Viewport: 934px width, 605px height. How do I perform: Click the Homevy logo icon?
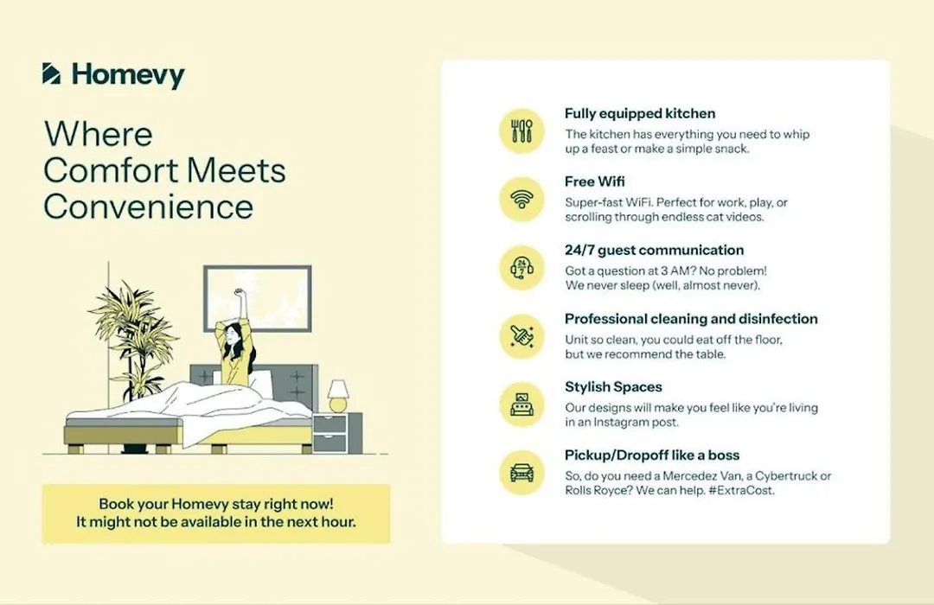(x=51, y=73)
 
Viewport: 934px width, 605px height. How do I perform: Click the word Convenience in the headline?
(x=149, y=207)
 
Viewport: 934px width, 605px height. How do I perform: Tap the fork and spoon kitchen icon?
(x=521, y=131)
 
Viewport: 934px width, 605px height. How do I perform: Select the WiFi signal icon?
(x=521, y=200)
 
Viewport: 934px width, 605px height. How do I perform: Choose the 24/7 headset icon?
(x=521, y=268)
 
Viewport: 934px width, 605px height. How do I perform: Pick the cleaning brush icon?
(x=521, y=336)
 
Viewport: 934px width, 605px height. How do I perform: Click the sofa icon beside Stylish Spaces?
(x=521, y=405)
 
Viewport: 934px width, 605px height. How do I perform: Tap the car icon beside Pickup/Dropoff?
(x=521, y=474)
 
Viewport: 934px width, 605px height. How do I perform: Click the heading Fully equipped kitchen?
(x=640, y=113)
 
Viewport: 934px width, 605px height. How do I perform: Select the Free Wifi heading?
(x=594, y=181)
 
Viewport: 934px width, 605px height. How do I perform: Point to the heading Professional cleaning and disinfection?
(x=691, y=319)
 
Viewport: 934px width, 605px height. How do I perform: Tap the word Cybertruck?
(x=777, y=475)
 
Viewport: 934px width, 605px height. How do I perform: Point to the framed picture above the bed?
(x=258, y=298)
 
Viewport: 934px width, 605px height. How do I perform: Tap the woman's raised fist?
(x=240, y=293)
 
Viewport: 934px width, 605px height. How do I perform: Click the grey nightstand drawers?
(x=330, y=433)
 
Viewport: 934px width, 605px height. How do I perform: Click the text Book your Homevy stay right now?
(x=216, y=504)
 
